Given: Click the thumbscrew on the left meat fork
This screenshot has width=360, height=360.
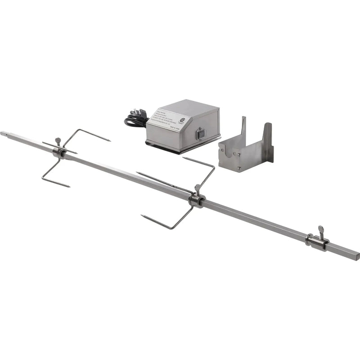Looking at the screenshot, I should [x=58, y=141].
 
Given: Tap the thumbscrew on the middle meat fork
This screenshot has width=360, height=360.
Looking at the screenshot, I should [x=197, y=187].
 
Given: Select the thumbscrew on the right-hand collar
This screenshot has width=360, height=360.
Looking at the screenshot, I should [x=321, y=229].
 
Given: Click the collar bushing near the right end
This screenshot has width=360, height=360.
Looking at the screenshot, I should [x=316, y=242].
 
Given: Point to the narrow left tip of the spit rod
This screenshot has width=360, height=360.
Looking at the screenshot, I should [x=4, y=133].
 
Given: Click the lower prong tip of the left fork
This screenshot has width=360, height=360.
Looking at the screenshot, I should [x=68, y=185].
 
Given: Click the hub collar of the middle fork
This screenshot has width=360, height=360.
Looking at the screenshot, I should [x=196, y=200].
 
